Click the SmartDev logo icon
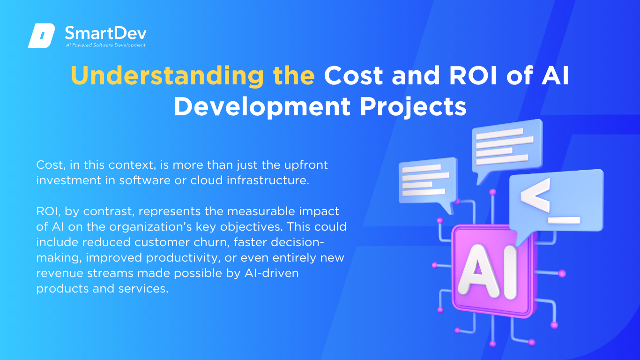(41, 36)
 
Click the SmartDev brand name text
(106, 33)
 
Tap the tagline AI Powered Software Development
(106, 45)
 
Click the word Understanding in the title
(167, 75)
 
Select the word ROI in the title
(473, 75)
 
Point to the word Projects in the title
(413, 107)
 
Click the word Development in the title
(262, 107)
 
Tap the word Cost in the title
(353, 75)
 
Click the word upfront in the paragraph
(306, 165)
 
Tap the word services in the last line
(143, 288)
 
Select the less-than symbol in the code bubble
(535, 195)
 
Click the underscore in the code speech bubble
(564, 220)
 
